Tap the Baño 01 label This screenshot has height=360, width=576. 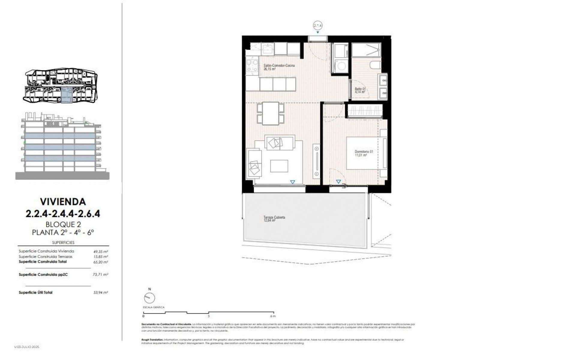(360, 90)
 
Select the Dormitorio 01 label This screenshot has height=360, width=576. (364, 153)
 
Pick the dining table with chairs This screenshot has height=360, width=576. (271, 113)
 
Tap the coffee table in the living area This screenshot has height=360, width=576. (279, 166)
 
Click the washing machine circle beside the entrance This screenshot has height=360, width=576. (340, 66)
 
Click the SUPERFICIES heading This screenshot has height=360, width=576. (63, 242)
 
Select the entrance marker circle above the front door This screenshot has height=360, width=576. (318, 26)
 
